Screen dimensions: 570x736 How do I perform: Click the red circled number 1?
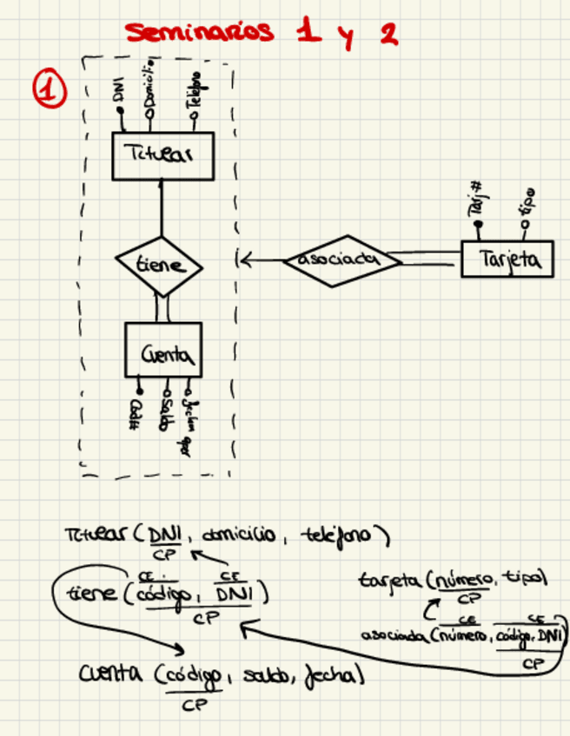50,90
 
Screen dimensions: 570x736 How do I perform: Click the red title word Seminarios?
200,33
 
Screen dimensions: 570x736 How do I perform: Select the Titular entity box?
162,156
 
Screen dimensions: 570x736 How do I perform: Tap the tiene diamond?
160,266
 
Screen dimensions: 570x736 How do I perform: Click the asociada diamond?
335,260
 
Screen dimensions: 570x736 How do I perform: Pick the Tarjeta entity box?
507,259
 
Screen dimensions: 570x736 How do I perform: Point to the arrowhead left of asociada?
244,259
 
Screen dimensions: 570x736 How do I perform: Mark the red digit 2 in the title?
388,35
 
